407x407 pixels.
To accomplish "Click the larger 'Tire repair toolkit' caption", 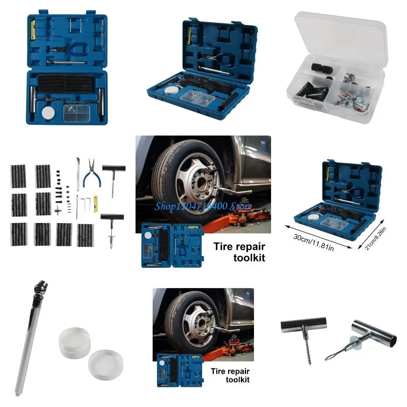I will (x=239, y=252).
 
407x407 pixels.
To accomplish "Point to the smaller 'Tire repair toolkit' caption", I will (x=230, y=375).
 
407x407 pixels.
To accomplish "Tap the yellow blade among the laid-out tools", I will (x=96, y=203).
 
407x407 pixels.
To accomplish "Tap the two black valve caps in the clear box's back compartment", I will (x=322, y=68).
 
